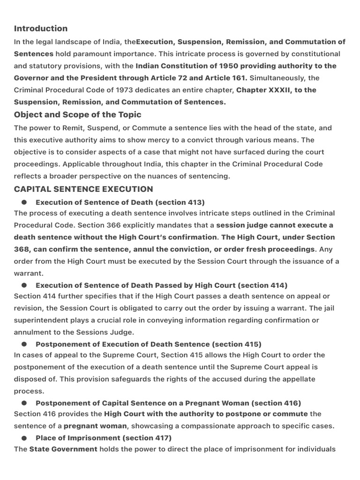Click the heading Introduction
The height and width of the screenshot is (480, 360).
[41, 29]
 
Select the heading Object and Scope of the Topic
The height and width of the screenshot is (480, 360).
[77, 115]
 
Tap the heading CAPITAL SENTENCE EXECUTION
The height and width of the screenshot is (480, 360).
[83, 189]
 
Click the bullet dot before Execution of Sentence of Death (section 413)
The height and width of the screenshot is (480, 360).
[24, 202]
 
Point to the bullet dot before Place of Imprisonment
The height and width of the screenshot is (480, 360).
[24, 438]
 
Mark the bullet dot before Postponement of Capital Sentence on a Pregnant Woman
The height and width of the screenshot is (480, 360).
[24, 403]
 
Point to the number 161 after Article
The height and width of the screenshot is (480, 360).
[240, 78]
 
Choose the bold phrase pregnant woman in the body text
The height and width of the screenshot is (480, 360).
[95, 426]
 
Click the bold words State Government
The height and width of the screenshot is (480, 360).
[63, 450]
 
